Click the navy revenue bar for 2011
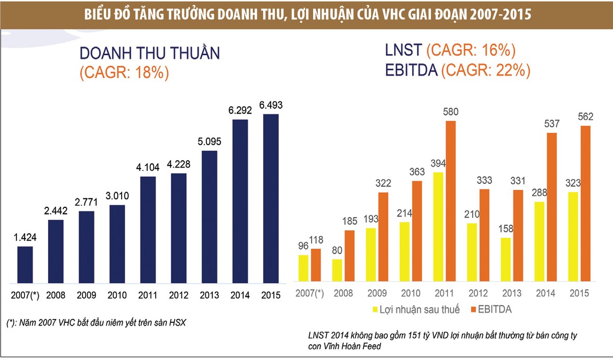point(148,230)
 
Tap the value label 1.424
point(25,237)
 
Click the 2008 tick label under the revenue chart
point(56,295)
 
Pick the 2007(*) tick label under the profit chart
point(310,294)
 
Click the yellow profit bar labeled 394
point(438,227)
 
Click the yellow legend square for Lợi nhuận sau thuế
point(375,309)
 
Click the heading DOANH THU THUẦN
point(150,54)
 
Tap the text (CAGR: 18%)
point(124,73)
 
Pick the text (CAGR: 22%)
point(485,70)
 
